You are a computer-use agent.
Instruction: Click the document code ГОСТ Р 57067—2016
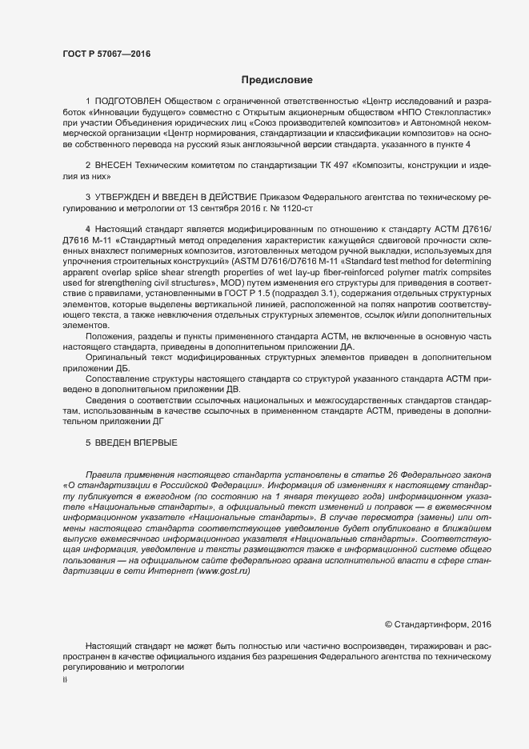pyautogui.click(x=106, y=54)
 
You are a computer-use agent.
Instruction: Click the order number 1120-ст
pyautogui.click(x=294, y=208)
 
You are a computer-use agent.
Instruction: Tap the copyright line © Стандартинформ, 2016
pyautogui.click(x=439, y=623)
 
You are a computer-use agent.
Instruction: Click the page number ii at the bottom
pyautogui.click(x=64, y=680)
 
